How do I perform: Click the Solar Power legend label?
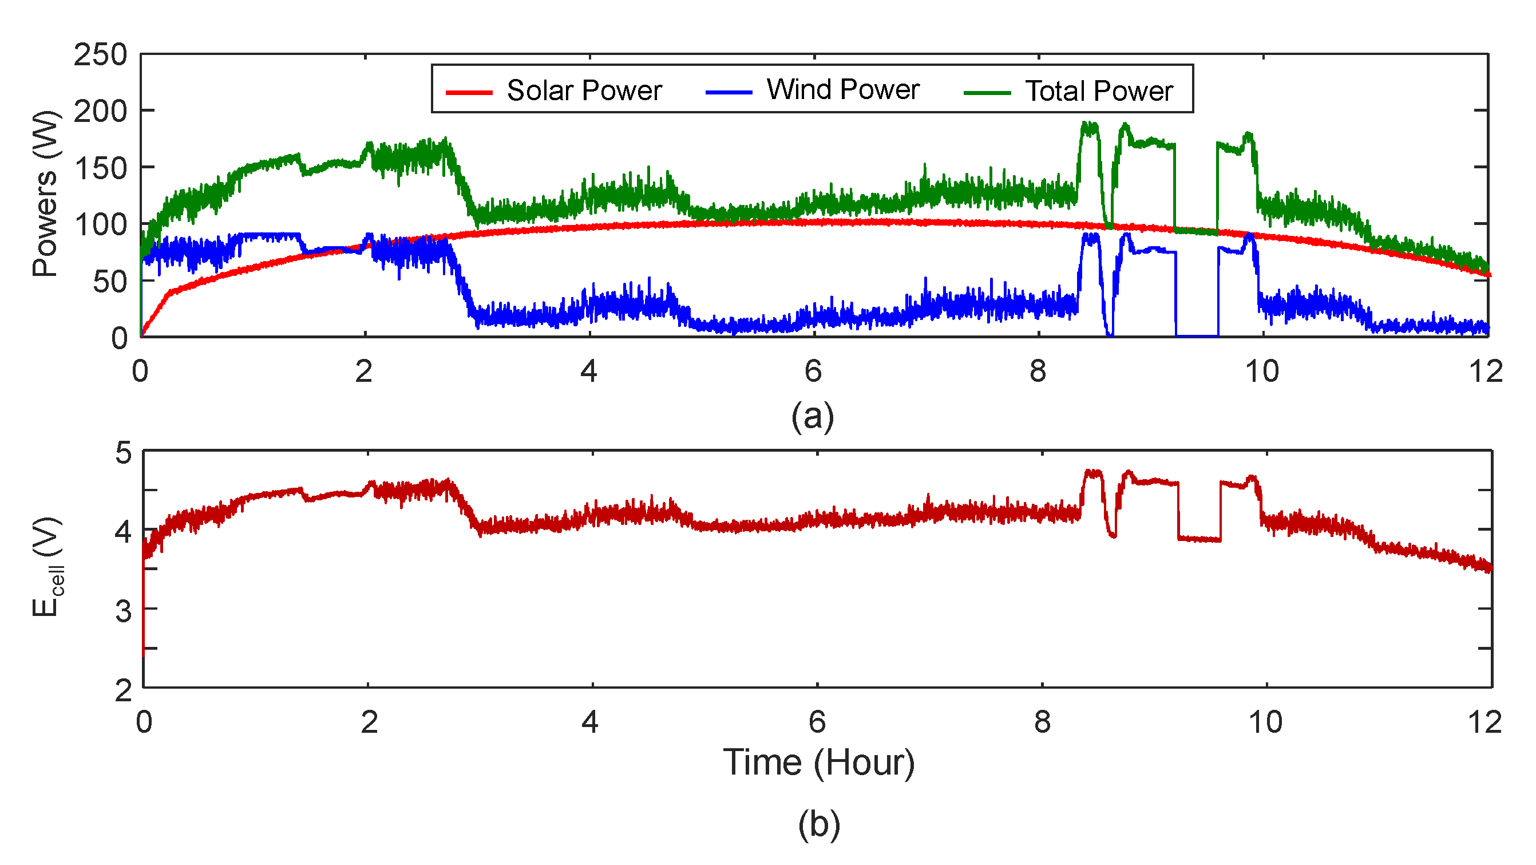[x=584, y=90]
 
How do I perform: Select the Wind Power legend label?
[x=842, y=89]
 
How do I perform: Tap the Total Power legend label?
[x=1098, y=91]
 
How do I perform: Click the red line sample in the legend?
[x=469, y=93]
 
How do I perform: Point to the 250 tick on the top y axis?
[x=100, y=55]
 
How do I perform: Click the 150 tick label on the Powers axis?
[x=100, y=168]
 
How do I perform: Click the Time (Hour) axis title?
[x=818, y=763]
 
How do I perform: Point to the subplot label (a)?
[x=812, y=416]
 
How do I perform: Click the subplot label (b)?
[x=819, y=825]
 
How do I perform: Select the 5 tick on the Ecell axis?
[x=123, y=453]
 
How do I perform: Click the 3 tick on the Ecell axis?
[x=123, y=610]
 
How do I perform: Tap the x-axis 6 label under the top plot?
[x=813, y=371]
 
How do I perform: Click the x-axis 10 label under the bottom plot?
[x=1265, y=722]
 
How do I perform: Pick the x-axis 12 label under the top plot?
[x=1485, y=371]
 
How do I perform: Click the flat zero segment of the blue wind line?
[x=1196, y=337]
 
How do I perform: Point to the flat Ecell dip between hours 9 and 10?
[x=1199, y=539]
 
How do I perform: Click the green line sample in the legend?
[x=987, y=93]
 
